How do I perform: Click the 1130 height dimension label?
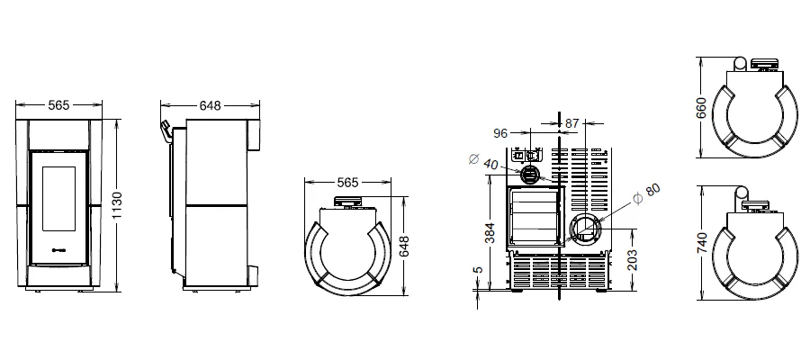click(x=117, y=205)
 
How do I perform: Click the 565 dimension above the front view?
click(x=58, y=104)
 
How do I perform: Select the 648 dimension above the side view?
click(x=210, y=105)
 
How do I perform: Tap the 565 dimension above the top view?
click(x=347, y=183)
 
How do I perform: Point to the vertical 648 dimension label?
click(x=404, y=247)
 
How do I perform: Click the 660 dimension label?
click(x=701, y=107)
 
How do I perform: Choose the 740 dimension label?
click(x=701, y=243)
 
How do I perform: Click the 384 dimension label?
click(x=490, y=232)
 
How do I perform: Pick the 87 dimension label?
click(x=571, y=123)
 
